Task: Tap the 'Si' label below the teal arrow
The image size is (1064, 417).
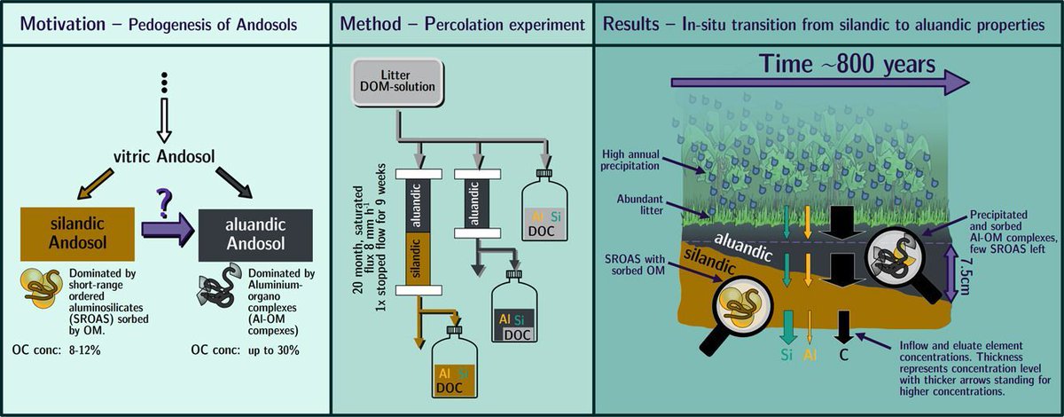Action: pyautogui.click(x=786, y=355)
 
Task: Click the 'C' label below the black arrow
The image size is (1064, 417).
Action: pyautogui.click(x=844, y=355)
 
